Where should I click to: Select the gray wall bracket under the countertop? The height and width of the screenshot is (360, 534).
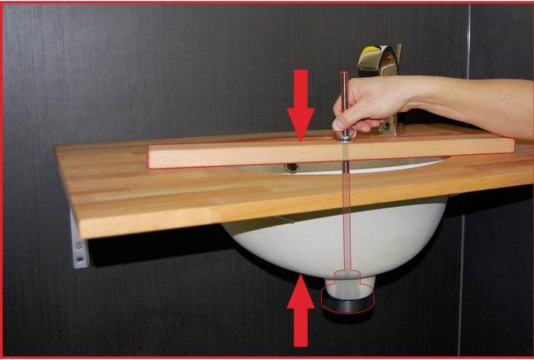[79, 240]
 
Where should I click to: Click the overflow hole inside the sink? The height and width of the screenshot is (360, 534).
[292, 168]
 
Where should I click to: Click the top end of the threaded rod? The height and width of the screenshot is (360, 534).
[343, 75]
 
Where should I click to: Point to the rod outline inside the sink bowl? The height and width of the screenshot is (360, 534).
[346, 223]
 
